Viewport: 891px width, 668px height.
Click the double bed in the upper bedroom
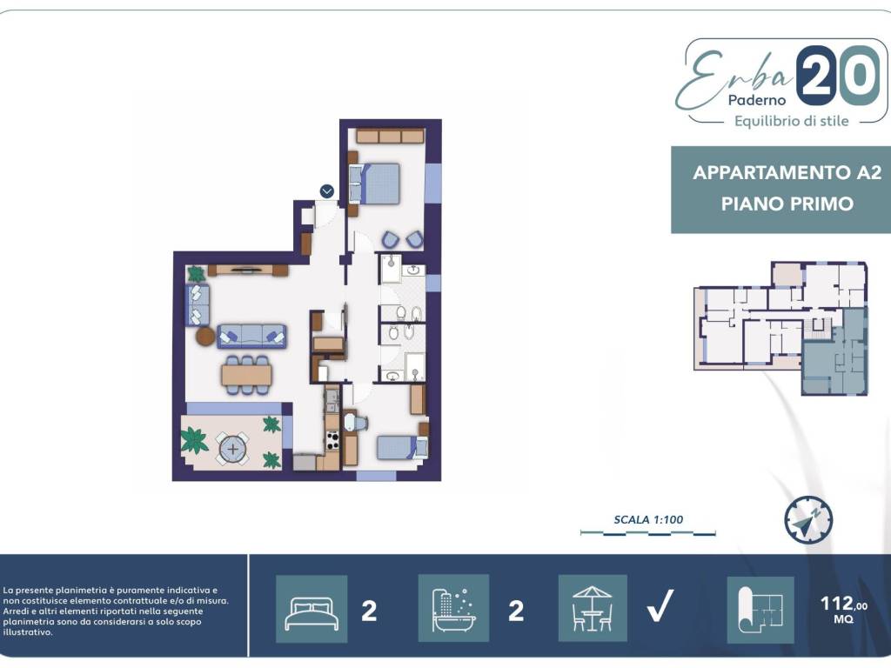(374, 184)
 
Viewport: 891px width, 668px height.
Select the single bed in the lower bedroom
(402, 447)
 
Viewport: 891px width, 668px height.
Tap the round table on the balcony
(233, 450)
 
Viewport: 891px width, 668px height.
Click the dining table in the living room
(246, 375)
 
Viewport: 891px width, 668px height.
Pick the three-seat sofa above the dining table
(251, 337)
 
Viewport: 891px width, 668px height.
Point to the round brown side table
(205, 337)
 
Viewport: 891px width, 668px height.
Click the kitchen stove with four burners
(332, 440)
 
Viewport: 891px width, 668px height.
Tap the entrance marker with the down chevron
(327, 191)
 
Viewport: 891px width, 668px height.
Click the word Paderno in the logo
(757, 100)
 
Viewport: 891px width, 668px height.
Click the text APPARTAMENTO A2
(787, 172)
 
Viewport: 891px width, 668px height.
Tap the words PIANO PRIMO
(787, 204)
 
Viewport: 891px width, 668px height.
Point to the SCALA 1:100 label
(648, 519)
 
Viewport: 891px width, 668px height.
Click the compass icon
(808, 520)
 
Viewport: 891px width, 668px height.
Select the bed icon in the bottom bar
(312, 609)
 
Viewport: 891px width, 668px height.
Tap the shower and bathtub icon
(453, 608)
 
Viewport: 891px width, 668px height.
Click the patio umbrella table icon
(593, 608)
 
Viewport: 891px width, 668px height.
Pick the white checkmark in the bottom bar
(660, 605)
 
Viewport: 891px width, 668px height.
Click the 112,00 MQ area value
(844, 609)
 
